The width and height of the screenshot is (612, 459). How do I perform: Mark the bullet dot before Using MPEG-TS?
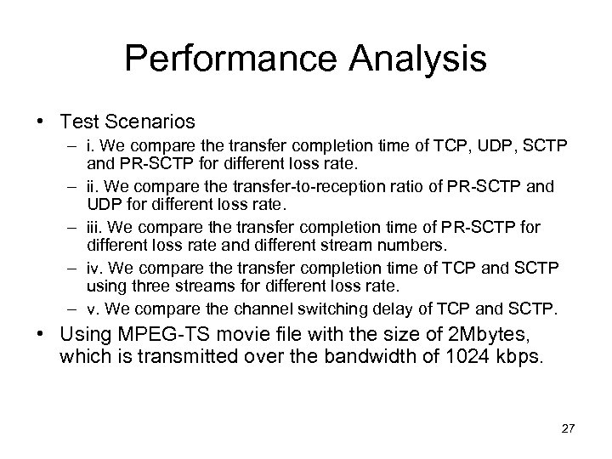pos(41,331)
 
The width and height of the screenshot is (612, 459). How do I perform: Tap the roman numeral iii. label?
pos(95,229)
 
